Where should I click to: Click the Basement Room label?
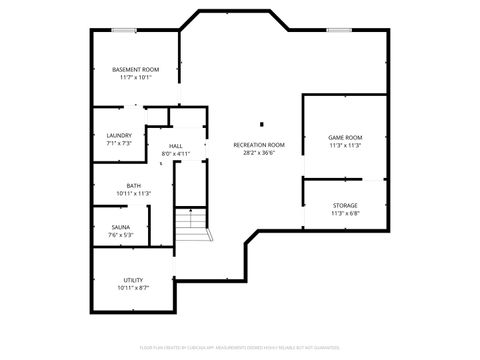(x=136, y=69)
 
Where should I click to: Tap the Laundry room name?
(x=119, y=136)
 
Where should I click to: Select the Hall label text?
(x=176, y=147)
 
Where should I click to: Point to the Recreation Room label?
(x=259, y=145)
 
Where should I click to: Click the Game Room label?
(x=345, y=137)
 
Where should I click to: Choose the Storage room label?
(x=345, y=206)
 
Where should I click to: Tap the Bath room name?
(x=133, y=185)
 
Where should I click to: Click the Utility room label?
(x=133, y=279)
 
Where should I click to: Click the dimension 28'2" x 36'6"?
(x=259, y=153)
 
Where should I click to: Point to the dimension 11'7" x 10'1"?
(x=136, y=77)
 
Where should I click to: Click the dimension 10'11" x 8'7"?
(x=133, y=287)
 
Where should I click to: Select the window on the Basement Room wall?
(x=124, y=30)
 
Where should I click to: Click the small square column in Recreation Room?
(x=261, y=125)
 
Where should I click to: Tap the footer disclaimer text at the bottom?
(x=240, y=347)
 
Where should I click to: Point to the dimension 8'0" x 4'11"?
(x=176, y=155)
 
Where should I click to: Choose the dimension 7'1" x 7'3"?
(x=119, y=144)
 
